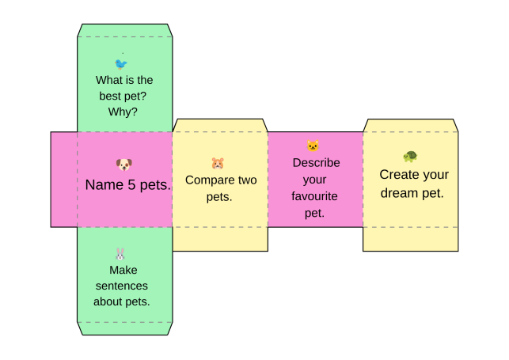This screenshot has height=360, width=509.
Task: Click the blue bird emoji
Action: (x=121, y=64)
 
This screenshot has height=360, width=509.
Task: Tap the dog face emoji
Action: (x=124, y=165)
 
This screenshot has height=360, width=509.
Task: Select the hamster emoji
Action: (x=218, y=163)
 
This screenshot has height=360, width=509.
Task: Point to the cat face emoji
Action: (x=313, y=146)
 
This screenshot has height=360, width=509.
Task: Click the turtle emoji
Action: (x=410, y=157)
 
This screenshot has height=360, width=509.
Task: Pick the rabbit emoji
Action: (x=120, y=254)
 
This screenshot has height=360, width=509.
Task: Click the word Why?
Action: (x=123, y=112)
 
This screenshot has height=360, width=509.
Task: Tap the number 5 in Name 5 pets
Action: (x=131, y=185)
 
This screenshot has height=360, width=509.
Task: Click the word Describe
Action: (x=316, y=162)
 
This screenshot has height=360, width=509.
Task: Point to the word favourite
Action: (x=314, y=196)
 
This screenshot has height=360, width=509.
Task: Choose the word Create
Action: (x=398, y=175)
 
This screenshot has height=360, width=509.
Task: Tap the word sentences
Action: (x=122, y=286)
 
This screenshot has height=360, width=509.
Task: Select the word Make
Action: (x=123, y=270)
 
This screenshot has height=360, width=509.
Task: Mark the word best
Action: (x=110, y=96)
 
